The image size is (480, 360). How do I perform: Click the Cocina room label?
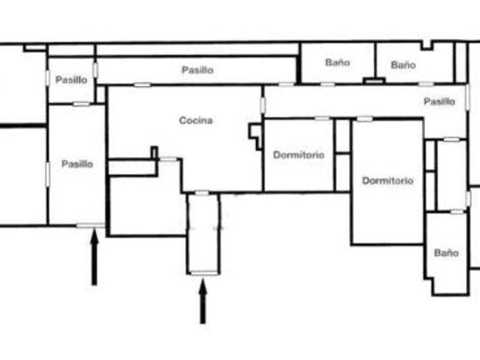tap(196, 121)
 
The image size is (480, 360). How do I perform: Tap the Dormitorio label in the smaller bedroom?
tap(298, 155)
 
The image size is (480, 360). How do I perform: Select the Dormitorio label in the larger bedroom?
tap(387, 181)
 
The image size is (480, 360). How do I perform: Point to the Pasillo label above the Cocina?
tap(198, 70)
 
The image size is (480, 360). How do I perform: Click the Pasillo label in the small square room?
tap(71, 80)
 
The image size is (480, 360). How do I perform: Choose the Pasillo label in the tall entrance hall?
tap(77, 164)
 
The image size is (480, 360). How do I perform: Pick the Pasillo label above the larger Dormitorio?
tap(439, 102)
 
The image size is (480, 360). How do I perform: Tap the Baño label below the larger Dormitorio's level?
tap(446, 253)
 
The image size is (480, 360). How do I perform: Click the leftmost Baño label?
tap(337, 62)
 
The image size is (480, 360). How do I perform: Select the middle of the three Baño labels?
tap(403, 65)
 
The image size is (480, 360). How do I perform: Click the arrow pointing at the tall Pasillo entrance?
tap(94, 260)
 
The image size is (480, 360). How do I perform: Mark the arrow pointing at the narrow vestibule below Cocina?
tap(202, 303)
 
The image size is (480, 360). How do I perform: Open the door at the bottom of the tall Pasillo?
tap(87, 226)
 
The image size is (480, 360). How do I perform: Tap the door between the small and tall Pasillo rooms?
tap(81, 104)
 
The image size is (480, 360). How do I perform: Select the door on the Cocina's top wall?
tap(142, 85)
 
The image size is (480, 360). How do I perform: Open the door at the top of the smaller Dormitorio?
tap(322, 118)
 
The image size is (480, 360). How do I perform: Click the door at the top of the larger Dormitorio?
tap(364, 119)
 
